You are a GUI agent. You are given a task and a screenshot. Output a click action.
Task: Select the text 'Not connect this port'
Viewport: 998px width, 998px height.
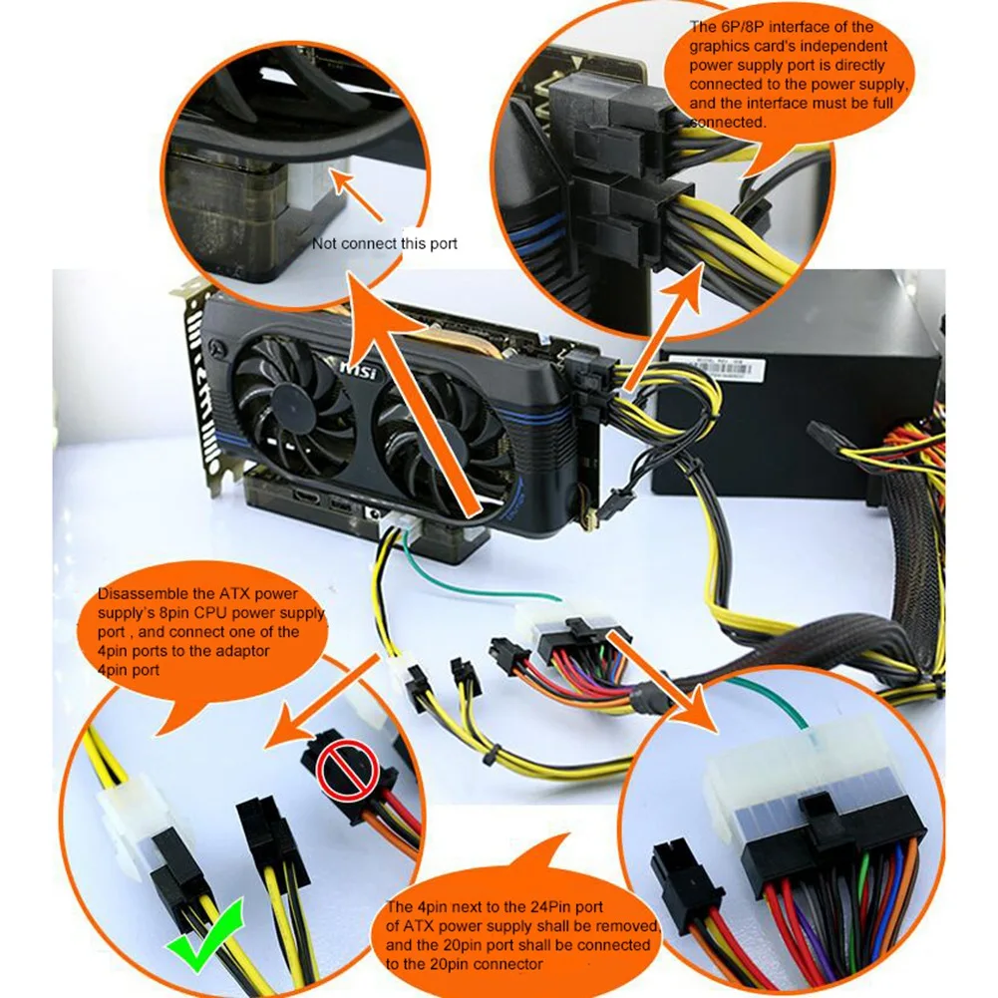click(384, 244)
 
